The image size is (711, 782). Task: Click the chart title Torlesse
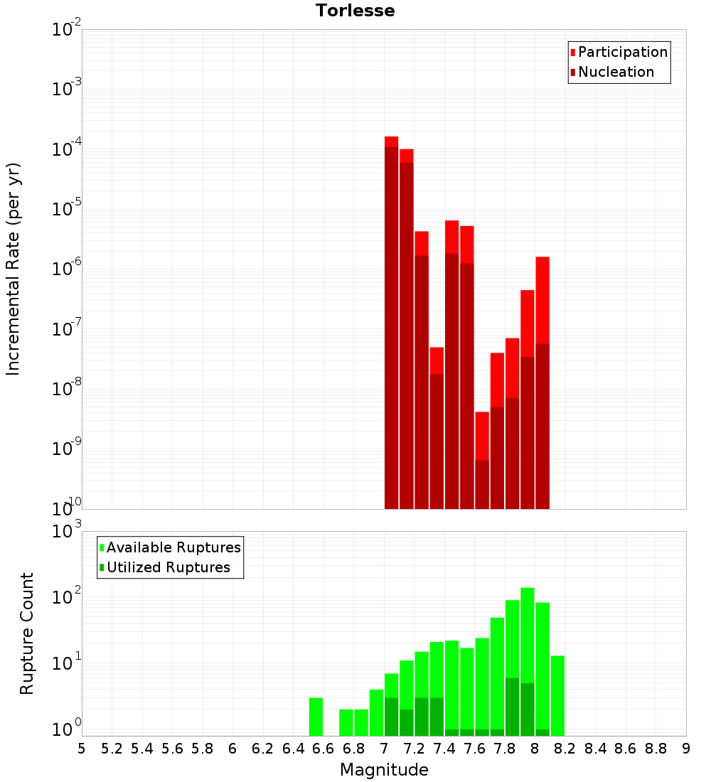355,11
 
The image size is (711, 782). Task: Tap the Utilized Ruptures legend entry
168,567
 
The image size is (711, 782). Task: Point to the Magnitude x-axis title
384,770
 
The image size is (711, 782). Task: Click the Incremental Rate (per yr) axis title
14,269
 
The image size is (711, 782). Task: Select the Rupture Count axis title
27,633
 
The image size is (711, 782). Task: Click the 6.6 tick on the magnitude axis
324,749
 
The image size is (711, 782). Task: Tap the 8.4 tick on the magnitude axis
595,749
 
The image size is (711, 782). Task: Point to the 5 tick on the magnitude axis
82,749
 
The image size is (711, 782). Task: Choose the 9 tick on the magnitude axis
686,749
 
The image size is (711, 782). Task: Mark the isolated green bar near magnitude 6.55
316,717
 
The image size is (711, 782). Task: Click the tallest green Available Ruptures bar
527,661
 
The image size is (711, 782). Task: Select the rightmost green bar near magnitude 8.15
557,695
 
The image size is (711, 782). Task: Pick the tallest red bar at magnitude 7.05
391,320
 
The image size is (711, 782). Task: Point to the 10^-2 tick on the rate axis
67,30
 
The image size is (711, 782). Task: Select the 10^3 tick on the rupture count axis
67,532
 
